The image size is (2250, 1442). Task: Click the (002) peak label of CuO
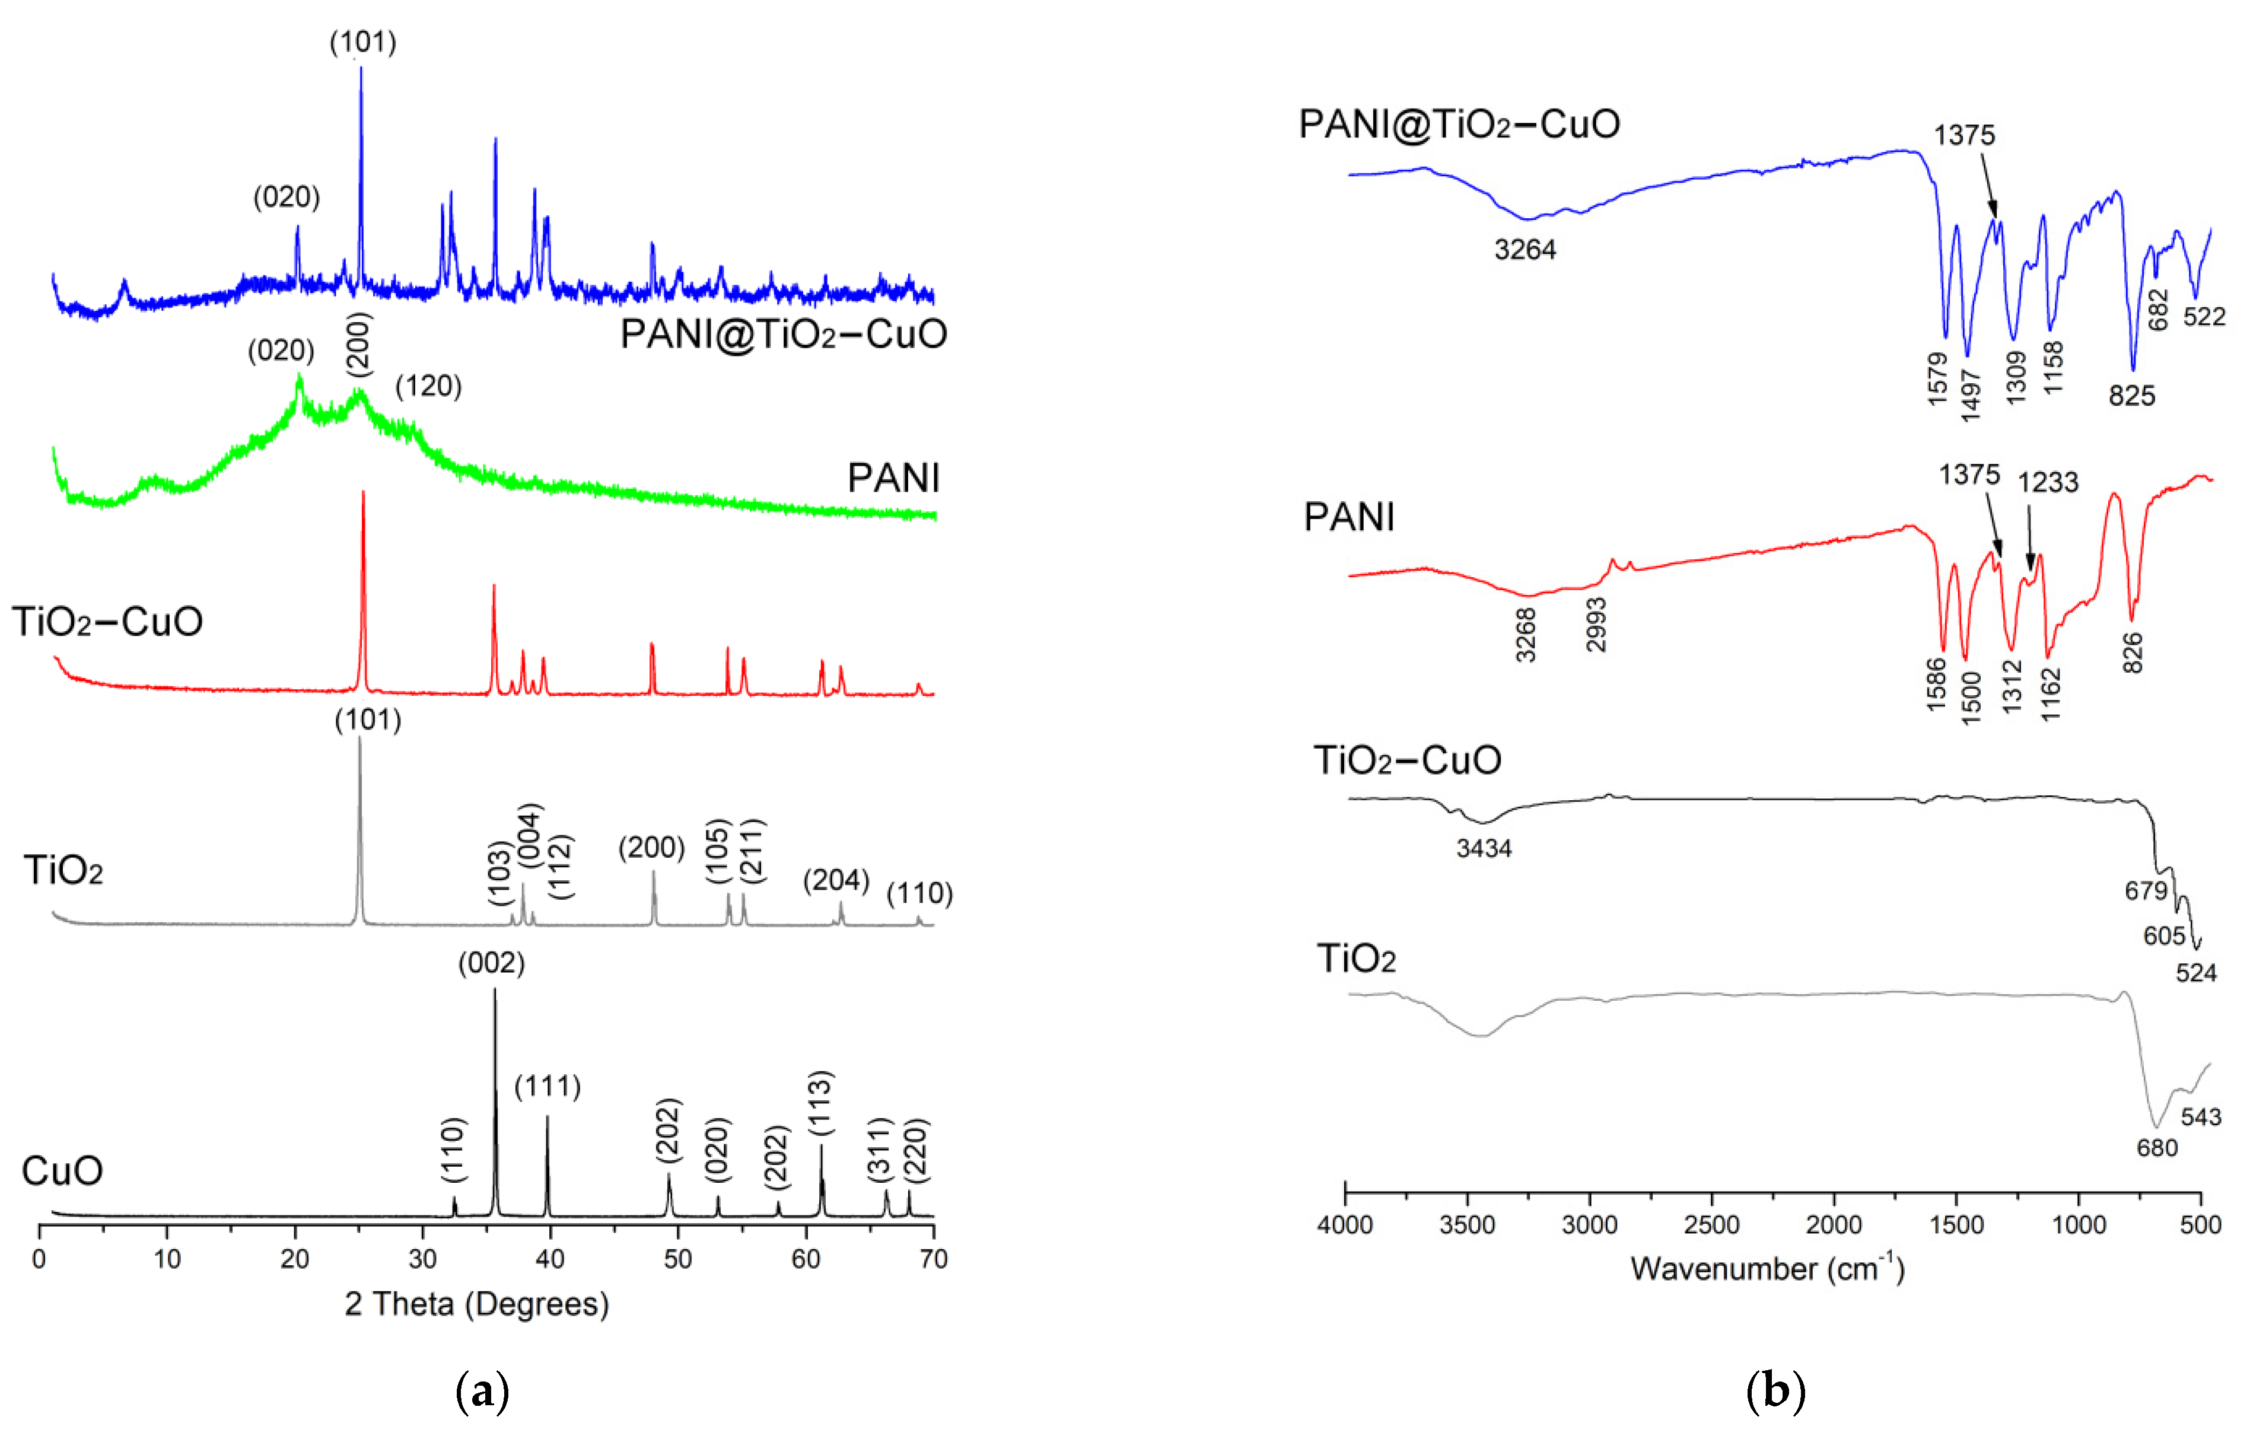tap(492, 963)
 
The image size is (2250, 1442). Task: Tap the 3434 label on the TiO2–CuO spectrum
tap(1484, 848)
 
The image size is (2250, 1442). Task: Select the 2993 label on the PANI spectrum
tap(1596, 625)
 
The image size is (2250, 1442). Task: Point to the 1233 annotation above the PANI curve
tap(2048, 482)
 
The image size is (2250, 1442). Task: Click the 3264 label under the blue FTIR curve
tap(1525, 250)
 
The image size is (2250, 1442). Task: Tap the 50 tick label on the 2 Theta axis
tap(678, 1259)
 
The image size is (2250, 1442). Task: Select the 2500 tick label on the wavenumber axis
tap(1711, 1225)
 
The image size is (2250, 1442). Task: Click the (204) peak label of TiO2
tap(836, 880)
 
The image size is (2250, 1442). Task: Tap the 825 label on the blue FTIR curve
tap(2132, 396)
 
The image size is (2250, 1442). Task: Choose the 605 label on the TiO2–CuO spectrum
tap(2164, 935)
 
